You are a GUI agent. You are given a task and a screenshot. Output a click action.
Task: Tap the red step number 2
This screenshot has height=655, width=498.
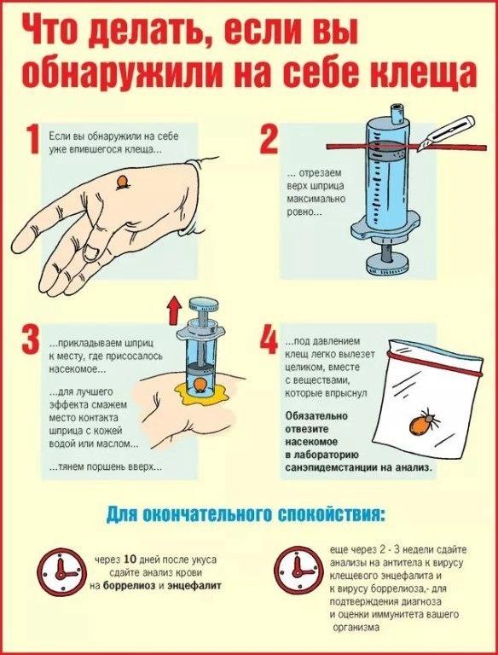[x=269, y=138]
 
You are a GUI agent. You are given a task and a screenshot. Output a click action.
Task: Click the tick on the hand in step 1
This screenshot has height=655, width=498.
[x=123, y=183]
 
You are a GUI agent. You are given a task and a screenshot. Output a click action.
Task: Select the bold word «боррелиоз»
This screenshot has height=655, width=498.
[x=130, y=586]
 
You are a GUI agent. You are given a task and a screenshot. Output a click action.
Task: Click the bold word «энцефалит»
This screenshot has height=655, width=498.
[x=194, y=586]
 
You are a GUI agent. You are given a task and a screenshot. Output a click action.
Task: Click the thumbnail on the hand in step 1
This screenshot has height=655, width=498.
[x=90, y=252]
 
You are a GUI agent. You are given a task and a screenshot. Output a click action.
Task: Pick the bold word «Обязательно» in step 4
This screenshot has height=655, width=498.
[x=316, y=416]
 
